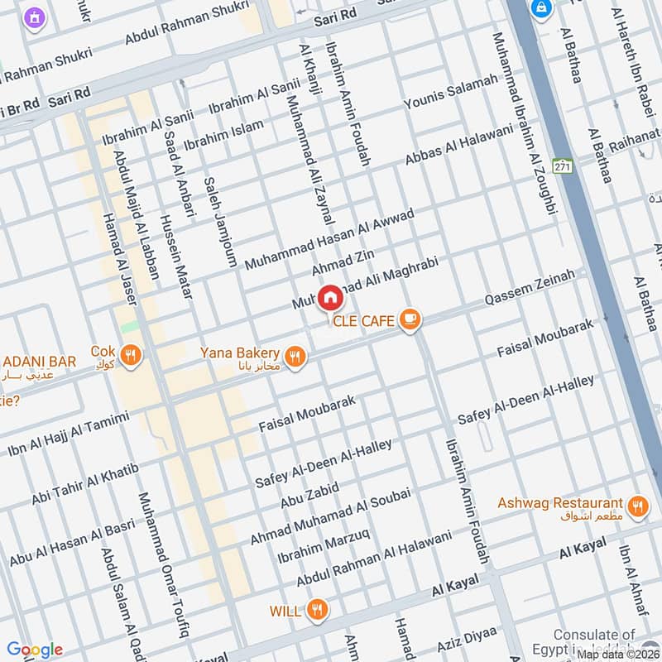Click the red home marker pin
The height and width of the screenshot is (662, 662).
[329, 297]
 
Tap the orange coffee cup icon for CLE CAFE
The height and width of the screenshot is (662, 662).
[410, 319]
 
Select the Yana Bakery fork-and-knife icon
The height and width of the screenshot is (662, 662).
[295, 357]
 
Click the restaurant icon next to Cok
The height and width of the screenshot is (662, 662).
[130, 357]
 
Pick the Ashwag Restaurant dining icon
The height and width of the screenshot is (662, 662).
[636, 507]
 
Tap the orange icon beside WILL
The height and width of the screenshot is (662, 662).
[316, 612]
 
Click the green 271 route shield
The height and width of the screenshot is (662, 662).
[563, 166]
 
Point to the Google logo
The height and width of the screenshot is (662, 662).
[36, 650]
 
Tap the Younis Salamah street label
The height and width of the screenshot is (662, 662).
[451, 92]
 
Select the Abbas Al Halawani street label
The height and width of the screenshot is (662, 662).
[459, 144]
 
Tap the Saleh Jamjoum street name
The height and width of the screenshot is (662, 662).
[220, 219]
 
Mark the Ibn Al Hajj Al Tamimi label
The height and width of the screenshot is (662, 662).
[69, 434]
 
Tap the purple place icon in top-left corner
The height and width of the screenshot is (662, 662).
[34, 17]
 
